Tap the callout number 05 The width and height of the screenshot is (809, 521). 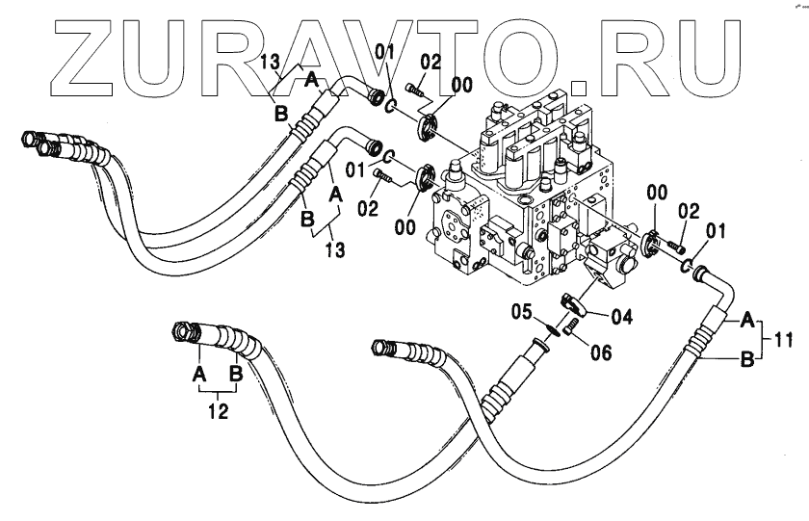point(522,311)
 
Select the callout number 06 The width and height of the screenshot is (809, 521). point(600,352)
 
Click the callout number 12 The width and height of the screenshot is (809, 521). point(220,412)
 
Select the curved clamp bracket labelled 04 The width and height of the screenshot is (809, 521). point(575,305)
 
